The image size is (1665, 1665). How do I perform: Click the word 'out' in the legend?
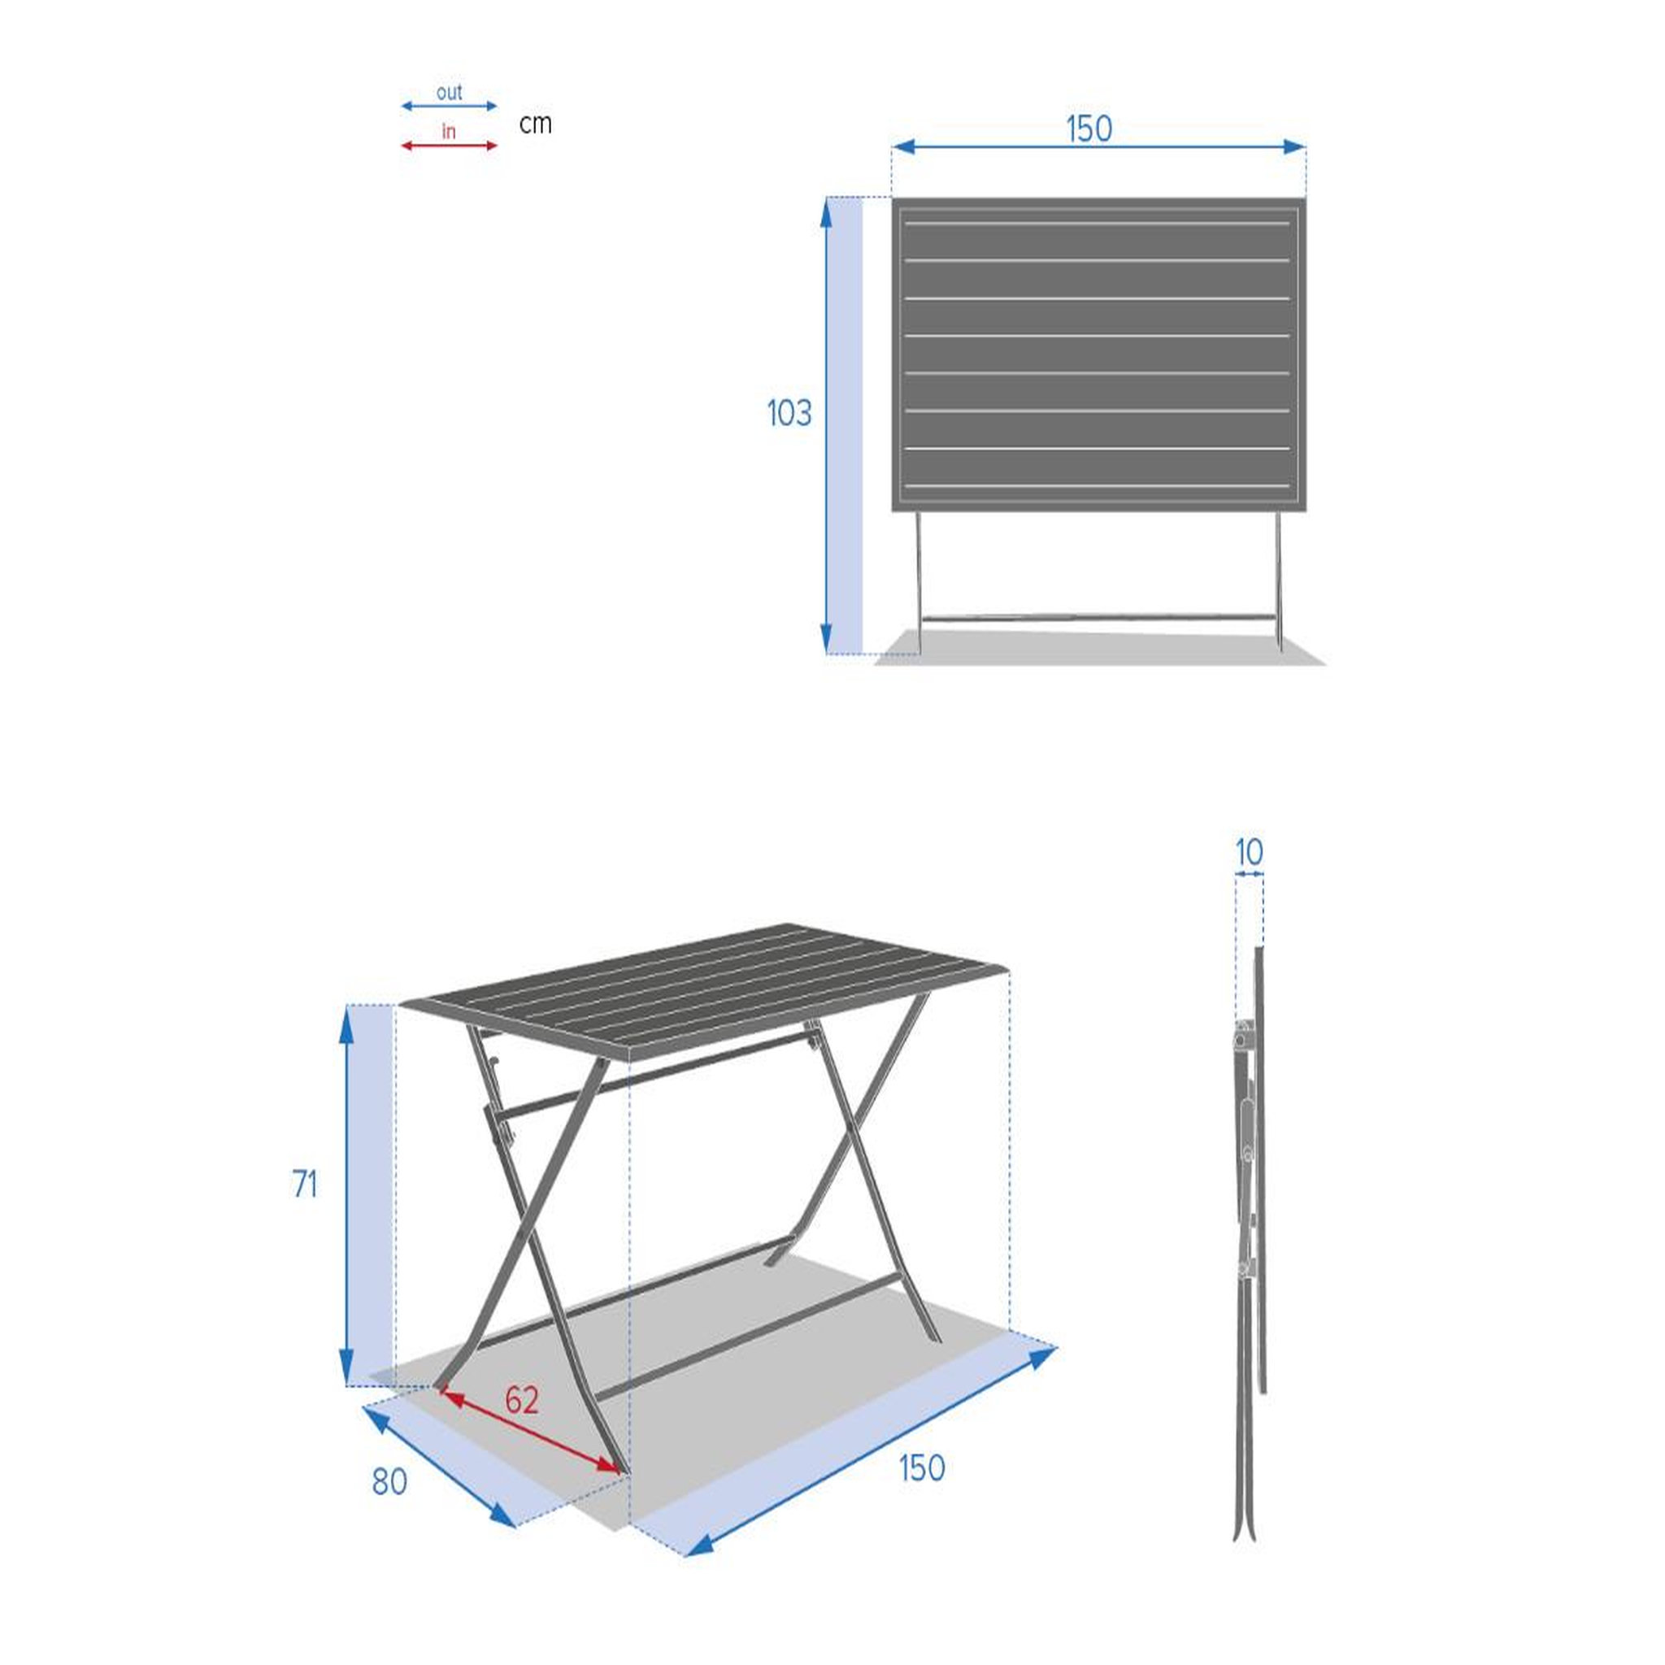pyautogui.click(x=449, y=92)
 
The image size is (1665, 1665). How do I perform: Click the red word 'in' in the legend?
pyautogui.click(x=448, y=131)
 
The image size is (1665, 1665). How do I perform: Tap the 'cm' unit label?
pyautogui.click(x=535, y=124)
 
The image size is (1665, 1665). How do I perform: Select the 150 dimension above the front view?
pyautogui.click(x=1089, y=129)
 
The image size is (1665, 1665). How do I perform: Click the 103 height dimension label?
pyautogui.click(x=789, y=414)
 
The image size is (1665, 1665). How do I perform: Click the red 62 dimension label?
pyautogui.click(x=521, y=1400)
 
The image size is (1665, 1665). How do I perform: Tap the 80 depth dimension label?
pyautogui.click(x=389, y=1481)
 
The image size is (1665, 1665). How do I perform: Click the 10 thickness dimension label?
pyautogui.click(x=1249, y=852)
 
